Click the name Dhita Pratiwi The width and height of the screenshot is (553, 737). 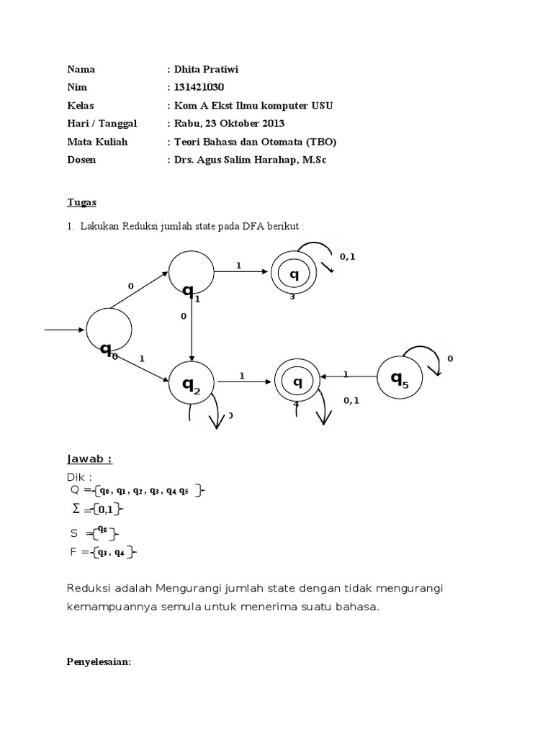[x=206, y=70]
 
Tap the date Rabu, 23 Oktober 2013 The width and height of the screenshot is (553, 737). [x=229, y=124]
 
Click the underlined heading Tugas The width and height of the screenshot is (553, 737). [x=81, y=202]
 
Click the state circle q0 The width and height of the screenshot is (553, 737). [x=109, y=330]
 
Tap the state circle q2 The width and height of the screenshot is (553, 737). [x=191, y=380]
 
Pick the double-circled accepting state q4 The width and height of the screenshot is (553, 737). [x=297, y=379]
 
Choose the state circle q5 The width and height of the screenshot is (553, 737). [x=400, y=378]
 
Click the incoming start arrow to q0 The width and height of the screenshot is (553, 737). [x=64, y=330]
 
